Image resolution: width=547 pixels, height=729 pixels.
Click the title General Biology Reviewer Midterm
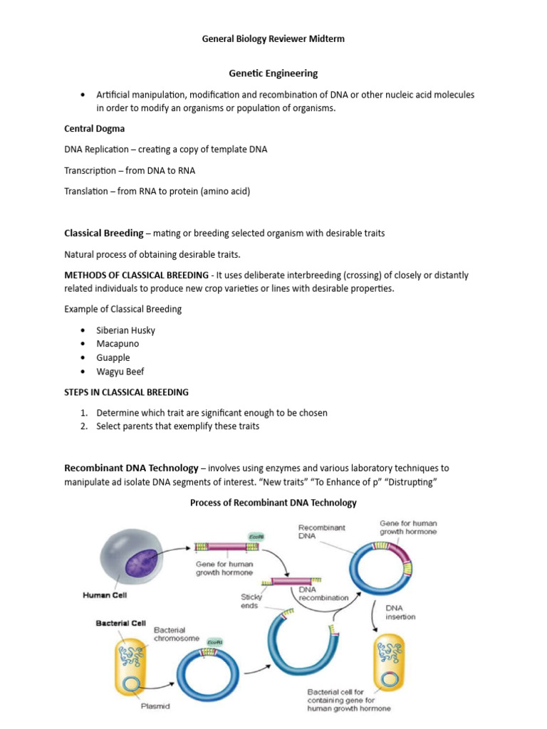coord(273,39)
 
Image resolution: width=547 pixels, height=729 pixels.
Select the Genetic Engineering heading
coord(273,73)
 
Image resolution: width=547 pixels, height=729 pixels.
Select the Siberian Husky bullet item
coord(125,330)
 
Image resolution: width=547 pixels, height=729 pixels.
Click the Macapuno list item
coord(118,344)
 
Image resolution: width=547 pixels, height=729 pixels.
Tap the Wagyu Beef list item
coord(120,372)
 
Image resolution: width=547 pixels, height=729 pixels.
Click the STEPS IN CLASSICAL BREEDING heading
coord(127,392)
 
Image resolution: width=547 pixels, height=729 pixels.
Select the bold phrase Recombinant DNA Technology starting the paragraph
coord(131,468)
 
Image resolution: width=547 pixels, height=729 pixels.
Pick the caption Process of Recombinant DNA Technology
coord(273,503)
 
